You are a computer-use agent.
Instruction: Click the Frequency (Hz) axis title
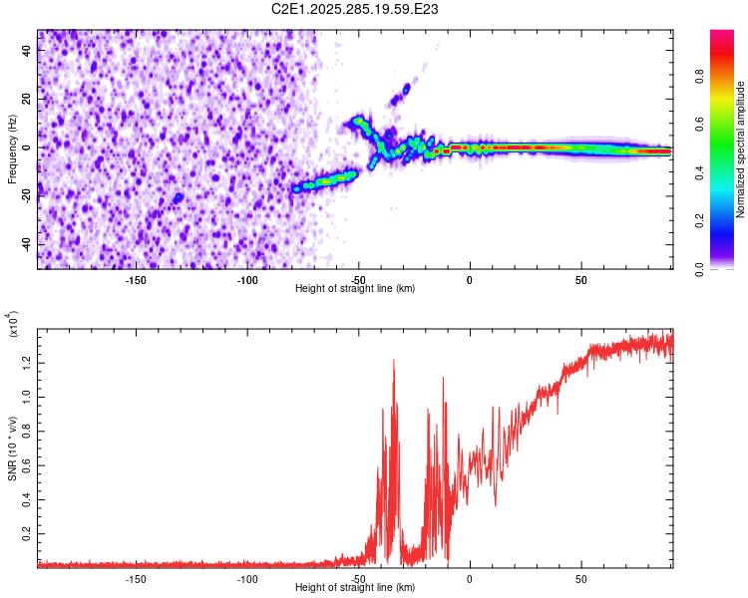(x=12, y=149)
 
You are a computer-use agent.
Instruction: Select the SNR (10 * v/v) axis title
(x=12, y=447)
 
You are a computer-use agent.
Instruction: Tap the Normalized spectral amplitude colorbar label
(x=741, y=149)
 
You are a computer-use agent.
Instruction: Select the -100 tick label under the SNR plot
(x=247, y=578)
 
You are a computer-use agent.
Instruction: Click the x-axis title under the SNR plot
(x=355, y=588)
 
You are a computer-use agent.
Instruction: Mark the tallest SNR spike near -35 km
(x=394, y=361)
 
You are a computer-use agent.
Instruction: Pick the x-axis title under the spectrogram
(x=355, y=289)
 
